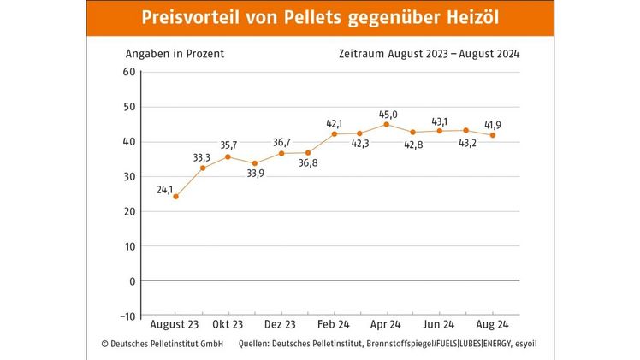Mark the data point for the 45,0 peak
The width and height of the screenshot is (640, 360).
387,124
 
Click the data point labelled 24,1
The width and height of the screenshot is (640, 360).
175,196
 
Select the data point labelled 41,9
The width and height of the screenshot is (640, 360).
492,135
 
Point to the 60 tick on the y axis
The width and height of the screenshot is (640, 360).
128,72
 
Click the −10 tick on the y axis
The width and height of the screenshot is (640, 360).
125,316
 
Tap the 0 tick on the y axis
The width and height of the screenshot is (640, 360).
132,280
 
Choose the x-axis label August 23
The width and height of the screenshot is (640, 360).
175,325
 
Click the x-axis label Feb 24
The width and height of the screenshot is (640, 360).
334,325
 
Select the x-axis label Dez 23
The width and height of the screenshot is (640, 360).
281,325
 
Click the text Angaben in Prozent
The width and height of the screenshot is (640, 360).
175,53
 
